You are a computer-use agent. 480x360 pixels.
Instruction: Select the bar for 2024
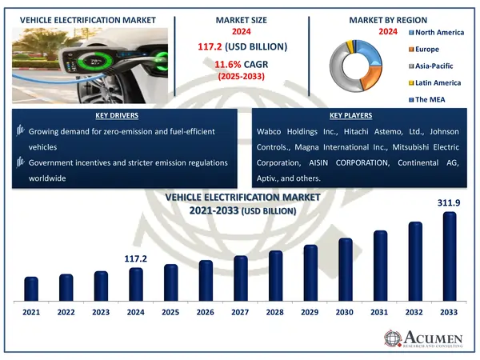(x=136, y=286)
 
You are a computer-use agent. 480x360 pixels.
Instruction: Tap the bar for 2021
(x=31, y=290)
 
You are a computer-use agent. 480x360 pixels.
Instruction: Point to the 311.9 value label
(x=450, y=204)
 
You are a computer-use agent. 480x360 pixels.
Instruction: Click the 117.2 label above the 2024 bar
(x=136, y=259)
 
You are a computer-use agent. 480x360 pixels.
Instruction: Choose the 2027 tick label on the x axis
(x=241, y=311)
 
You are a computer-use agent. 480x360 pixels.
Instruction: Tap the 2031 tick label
(x=380, y=311)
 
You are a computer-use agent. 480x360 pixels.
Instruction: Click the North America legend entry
(x=439, y=31)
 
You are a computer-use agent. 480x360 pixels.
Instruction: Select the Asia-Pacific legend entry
(x=436, y=66)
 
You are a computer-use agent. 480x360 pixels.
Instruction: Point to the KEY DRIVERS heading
(x=124, y=116)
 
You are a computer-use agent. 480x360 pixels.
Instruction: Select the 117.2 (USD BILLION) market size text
(x=240, y=46)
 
